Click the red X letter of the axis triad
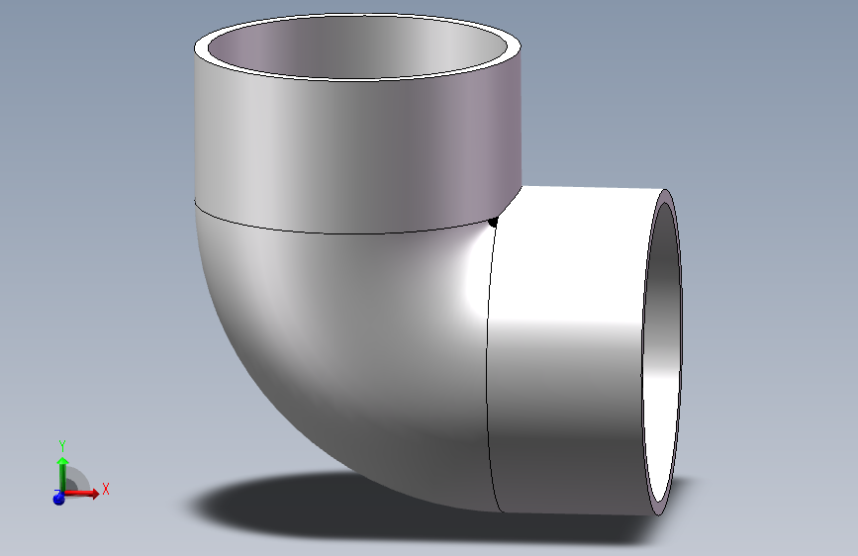click(105, 489)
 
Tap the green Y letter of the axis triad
click(61, 445)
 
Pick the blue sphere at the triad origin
click(58, 499)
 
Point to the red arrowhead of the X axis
click(93, 493)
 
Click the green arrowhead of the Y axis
click(62, 461)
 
